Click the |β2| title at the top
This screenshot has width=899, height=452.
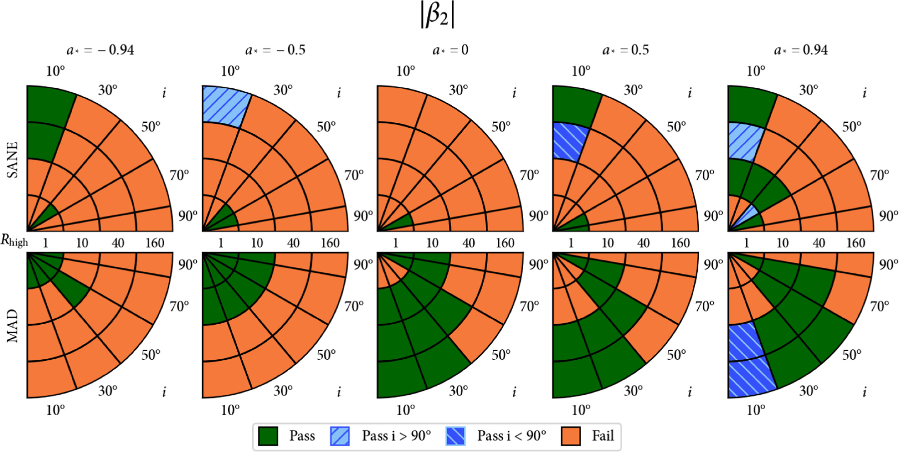point(438,16)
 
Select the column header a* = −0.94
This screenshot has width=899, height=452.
point(100,50)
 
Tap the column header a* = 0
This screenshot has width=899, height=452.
point(450,50)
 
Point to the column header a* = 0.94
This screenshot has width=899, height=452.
point(801,50)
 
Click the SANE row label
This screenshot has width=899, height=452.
point(13,160)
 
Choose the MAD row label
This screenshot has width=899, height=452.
point(13,326)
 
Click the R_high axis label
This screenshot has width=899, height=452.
point(14,241)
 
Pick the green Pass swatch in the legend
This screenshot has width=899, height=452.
point(268,436)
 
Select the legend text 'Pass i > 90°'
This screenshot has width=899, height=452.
point(396,436)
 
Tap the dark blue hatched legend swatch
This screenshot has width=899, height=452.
point(455,436)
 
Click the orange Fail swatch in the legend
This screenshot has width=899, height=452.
point(570,436)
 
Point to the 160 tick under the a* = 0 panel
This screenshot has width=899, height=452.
point(505,243)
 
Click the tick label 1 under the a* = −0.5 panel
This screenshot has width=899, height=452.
point(221,243)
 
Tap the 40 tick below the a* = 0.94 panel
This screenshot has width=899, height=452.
point(819,243)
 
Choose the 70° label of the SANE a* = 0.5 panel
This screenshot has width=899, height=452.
point(705,175)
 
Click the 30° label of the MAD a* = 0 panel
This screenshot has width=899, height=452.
point(458,390)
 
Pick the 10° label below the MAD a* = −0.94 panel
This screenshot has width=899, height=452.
point(56,410)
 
